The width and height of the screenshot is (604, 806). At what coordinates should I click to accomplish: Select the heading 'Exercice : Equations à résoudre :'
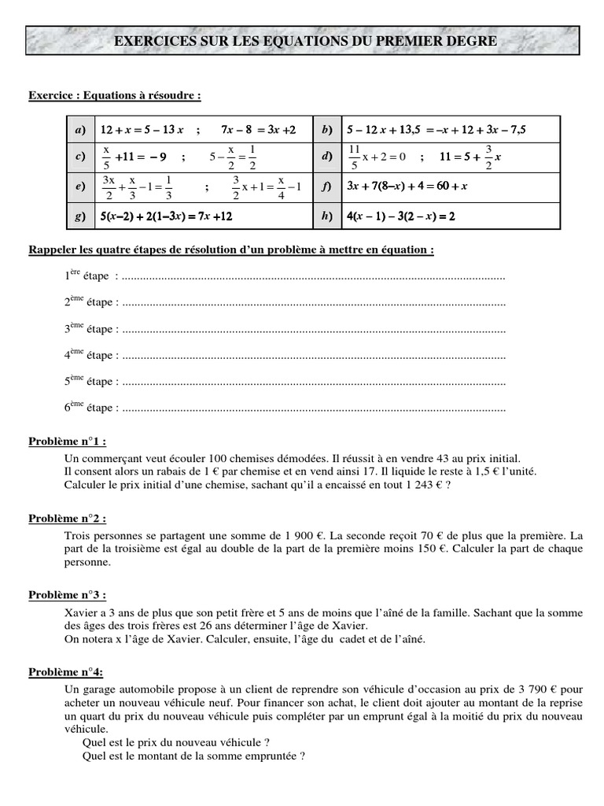coord(115,95)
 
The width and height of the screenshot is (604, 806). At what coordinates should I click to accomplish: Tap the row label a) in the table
coord(79,129)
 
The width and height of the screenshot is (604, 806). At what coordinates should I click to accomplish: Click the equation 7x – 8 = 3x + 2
coord(258,129)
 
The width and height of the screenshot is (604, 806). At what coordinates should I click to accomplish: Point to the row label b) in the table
coord(326,129)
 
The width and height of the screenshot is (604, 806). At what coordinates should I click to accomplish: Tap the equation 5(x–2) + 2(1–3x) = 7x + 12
coord(166,215)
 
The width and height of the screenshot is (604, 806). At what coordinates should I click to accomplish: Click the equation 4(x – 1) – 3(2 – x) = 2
coord(400,215)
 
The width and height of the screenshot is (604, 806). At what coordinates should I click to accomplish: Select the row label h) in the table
coord(326,215)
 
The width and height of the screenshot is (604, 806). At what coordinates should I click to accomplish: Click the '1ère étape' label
coord(90,276)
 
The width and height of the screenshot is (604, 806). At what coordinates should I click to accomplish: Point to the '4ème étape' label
coord(90,355)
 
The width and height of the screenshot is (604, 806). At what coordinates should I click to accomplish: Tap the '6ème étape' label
coord(90,408)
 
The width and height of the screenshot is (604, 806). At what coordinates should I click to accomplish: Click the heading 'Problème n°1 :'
coord(67,441)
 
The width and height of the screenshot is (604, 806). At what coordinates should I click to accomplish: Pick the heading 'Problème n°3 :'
coord(67,594)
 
